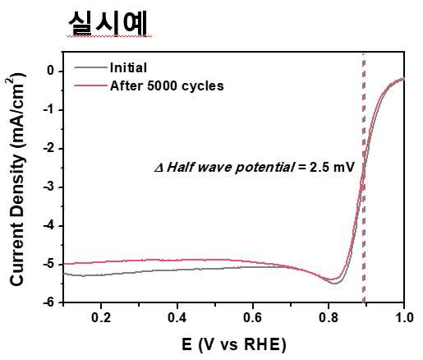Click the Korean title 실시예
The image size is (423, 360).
click(108, 24)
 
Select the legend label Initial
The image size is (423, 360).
click(128, 67)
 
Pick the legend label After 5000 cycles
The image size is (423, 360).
click(167, 85)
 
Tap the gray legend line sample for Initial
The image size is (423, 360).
click(90, 67)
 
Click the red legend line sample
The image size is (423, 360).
click(90, 85)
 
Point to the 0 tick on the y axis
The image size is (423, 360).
click(51, 71)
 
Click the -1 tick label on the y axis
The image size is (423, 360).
click(48, 109)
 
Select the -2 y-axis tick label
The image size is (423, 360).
click(48, 148)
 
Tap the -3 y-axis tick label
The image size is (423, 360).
click(48, 187)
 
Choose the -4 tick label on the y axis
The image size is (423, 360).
click(48, 225)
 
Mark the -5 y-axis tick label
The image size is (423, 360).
click(48, 264)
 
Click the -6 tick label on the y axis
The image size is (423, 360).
click(48, 302)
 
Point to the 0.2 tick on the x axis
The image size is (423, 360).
click(101, 318)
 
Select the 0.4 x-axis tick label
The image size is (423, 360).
click(177, 318)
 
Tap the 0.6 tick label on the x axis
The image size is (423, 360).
click(253, 318)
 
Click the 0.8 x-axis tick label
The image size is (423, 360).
click(329, 318)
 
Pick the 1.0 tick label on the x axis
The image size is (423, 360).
click(404, 318)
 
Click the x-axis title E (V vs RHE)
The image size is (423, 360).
click(234, 344)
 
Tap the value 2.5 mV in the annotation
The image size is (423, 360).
click(332, 167)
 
